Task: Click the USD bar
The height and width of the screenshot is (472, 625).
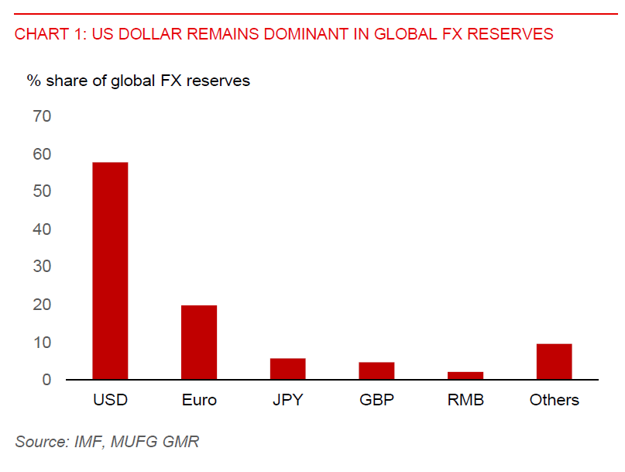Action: click(110, 271)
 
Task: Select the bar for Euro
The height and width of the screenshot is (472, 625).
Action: click(199, 343)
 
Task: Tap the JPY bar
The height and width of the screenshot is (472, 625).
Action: click(287, 369)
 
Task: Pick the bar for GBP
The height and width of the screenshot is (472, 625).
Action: click(376, 371)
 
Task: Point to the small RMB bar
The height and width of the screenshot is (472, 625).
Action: click(465, 376)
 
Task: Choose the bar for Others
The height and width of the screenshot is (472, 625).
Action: click(554, 362)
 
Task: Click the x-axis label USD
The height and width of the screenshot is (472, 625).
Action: click(110, 401)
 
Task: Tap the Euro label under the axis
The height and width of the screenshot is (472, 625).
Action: click(199, 401)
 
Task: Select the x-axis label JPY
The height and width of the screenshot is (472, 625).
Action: click(287, 401)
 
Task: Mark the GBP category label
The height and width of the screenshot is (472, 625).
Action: click(376, 401)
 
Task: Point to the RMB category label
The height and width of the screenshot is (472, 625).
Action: click(465, 401)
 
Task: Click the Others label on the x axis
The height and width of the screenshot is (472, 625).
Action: click(554, 401)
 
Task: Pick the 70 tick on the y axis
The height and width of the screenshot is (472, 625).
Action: click(41, 116)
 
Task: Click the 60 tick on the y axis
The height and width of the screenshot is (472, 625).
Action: click(41, 154)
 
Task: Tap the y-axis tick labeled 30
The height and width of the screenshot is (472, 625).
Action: click(41, 267)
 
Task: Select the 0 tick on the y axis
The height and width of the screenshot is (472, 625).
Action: click(46, 380)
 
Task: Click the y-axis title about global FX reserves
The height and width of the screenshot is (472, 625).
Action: click(139, 81)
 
